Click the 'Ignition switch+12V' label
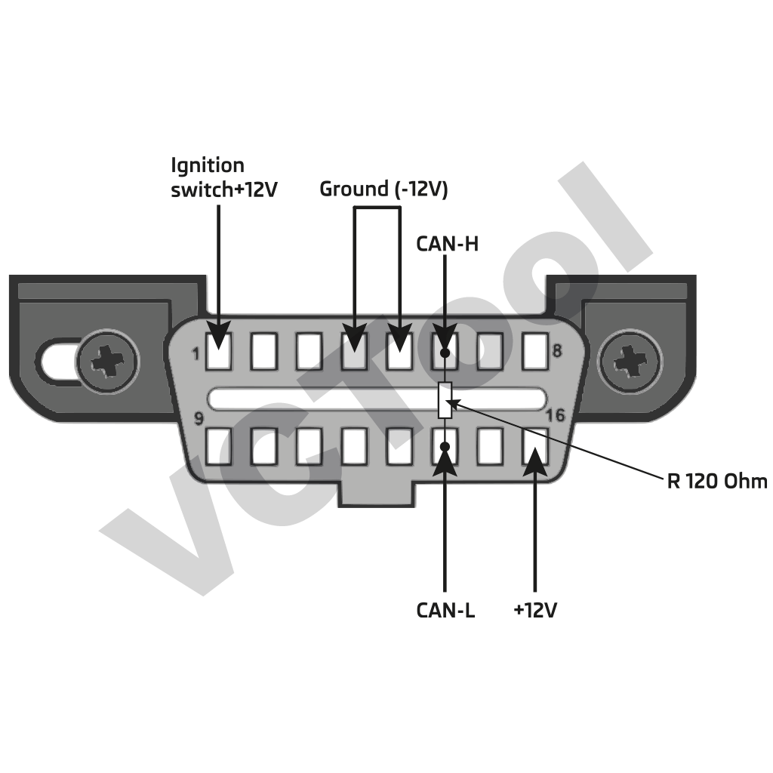(224, 177)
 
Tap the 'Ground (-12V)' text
(383, 189)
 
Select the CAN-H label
(447, 244)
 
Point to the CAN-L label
(445, 609)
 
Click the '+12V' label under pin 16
(535, 609)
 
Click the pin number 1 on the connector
(196, 353)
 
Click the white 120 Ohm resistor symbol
(445, 400)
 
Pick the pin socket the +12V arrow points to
(534, 446)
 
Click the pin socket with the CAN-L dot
(445, 446)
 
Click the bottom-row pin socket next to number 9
(219, 446)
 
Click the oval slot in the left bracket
(60, 361)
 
